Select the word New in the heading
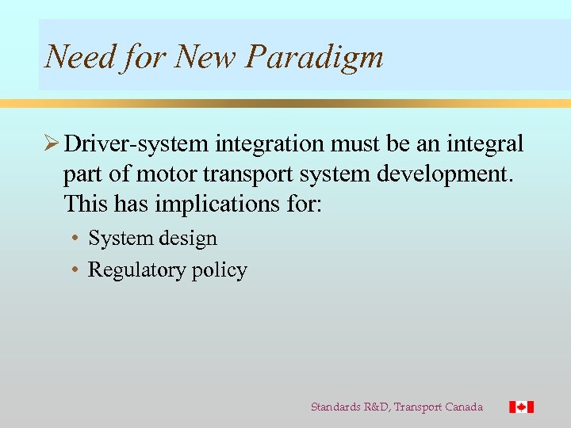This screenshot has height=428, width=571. pos(207,56)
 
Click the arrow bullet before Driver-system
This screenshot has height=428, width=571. pos(52,144)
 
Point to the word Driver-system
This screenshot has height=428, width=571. pos(137,144)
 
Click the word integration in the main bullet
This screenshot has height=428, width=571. pos(270,144)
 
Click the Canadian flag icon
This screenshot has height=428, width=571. pos(521,407)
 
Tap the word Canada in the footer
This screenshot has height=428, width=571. pos(463,407)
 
